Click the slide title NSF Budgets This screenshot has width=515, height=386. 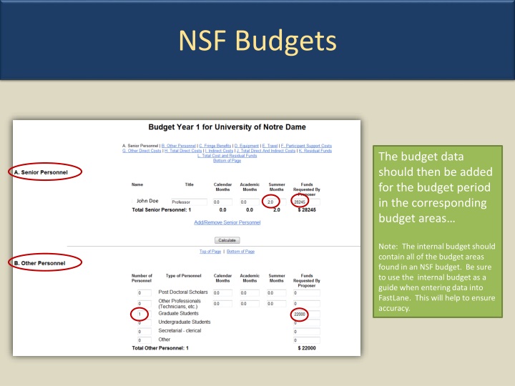(257, 40)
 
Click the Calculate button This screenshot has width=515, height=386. (227, 240)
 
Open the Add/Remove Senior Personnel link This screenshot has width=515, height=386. (227, 222)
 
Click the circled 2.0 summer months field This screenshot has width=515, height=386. (271, 202)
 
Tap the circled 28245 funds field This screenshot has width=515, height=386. (300, 202)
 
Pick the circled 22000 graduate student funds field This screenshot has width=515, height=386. (300, 315)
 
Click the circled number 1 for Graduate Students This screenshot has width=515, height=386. (140, 315)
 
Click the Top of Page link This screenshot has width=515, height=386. (210, 252)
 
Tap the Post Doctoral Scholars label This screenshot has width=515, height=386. (183, 292)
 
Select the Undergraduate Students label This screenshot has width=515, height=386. (185, 322)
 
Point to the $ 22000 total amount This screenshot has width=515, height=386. (305, 348)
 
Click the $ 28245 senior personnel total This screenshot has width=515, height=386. (305, 210)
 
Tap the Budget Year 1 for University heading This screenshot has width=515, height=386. (227, 127)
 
